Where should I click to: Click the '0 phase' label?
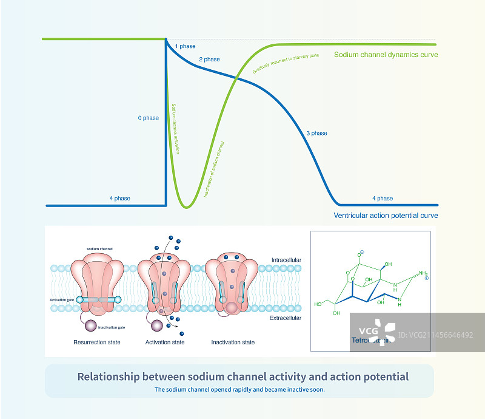pos(148,118)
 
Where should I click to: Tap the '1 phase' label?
pos(185,46)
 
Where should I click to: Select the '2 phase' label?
pos(209,60)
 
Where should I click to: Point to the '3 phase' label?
pos(316,133)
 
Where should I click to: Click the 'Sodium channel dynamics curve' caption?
pos(386,55)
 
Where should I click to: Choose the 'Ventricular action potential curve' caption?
pos(386,216)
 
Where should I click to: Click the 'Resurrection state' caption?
pos(97,342)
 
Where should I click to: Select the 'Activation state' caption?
pos(165,342)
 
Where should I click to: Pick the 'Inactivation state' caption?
pos(233,342)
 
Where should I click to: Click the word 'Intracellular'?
pos(287,261)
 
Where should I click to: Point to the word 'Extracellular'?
pos(287,318)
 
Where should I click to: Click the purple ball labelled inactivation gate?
pos(90,327)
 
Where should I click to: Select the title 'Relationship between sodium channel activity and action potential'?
pos(242,376)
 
